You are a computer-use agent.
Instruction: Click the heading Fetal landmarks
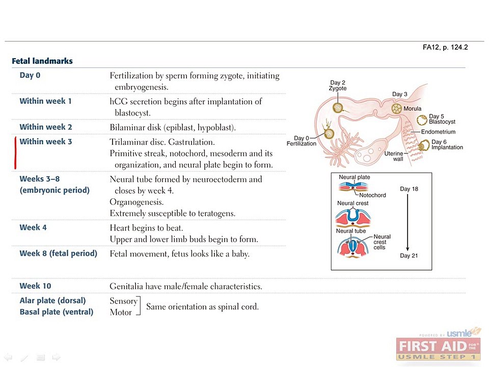(x=42, y=61)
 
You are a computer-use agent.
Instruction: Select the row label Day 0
(x=30, y=75)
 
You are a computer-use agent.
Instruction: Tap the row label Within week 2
(x=45, y=127)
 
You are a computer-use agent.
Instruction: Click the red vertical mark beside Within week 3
(x=15, y=153)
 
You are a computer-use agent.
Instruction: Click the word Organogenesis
(x=137, y=202)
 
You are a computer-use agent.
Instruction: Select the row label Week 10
(x=35, y=286)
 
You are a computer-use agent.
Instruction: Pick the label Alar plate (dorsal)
(x=52, y=301)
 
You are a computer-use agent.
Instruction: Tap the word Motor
(x=121, y=312)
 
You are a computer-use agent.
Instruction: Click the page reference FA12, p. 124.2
(x=445, y=47)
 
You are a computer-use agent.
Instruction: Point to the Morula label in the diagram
(x=412, y=109)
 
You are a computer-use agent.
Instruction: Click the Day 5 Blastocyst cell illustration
(x=422, y=120)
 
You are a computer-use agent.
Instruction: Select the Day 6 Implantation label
(x=447, y=144)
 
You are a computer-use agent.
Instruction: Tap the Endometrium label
(x=438, y=132)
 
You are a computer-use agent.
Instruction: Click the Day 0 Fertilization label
(x=301, y=141)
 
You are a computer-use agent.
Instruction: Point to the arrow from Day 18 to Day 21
(x=407, y=222)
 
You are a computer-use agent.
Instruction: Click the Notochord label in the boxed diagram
(x=372, y=195)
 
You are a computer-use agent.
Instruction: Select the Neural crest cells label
(x=382, y=242)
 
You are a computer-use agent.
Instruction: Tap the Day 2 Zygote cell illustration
(x=338, y=108)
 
